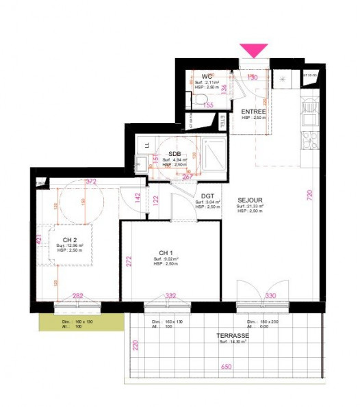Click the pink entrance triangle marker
(x=254, y=51)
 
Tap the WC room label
(x=206, y=76)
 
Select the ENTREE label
(x=254, y=111)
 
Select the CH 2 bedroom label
(x=68, y=239)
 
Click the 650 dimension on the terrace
(x=227, y=367)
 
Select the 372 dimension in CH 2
(x=90, y=182)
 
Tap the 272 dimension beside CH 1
(x=127, y=261)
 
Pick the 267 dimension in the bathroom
(x=185, y=176)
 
